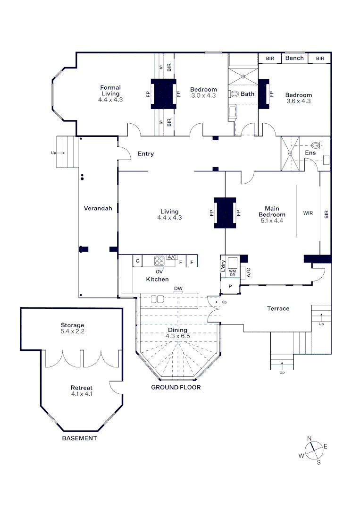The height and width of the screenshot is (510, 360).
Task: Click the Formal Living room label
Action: point(110,90)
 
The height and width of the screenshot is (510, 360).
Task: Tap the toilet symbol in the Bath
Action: point(234,94)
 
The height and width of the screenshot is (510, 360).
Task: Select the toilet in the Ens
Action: point(316,145)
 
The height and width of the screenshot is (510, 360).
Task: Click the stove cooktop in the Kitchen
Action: point(159,261)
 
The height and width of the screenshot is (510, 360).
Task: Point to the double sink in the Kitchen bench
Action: point(158,299)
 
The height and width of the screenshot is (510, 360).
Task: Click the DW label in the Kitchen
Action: point(178,289)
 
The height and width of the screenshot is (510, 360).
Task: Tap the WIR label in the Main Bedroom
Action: point(308,213)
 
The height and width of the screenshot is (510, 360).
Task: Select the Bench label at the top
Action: point(294,58)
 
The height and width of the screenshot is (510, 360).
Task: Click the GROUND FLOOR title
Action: point(176,387)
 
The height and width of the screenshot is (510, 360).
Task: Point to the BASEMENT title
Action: point(80,438)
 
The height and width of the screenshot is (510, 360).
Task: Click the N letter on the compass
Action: point(310,438)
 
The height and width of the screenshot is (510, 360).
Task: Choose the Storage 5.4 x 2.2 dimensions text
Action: point(73,331)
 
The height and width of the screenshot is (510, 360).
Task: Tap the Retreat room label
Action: point(82,388)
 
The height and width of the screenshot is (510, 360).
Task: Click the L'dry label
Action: point(223,266)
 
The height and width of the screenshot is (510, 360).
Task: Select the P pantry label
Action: point(230,286)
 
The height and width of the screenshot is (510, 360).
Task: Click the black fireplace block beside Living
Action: point(225,212)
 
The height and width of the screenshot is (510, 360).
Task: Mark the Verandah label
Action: point(98,208)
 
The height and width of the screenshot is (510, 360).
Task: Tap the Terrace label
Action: point(278,308)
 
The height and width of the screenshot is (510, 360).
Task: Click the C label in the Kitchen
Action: point(137,261)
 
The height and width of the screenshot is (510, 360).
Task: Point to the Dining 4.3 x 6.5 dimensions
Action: point(178,336)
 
